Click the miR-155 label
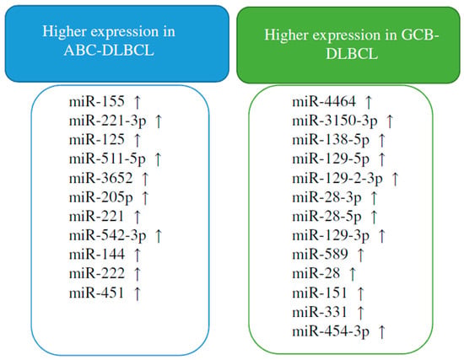(x=97, y=101)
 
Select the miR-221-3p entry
(x=107, y=121)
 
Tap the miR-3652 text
(x=100, y=178)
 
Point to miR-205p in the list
(x=100, y=197)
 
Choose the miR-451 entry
(x=97, y=293)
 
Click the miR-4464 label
(x=324, y=101)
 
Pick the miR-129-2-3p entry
(x=337, y=179)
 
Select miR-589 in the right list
(x=320, y=255)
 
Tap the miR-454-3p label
(x=331, y=331)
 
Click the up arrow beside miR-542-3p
(x=159, y=236)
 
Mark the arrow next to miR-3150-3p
(x=390, y=121)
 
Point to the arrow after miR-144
(x=137, y=255)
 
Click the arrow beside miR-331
(x=360, y=313)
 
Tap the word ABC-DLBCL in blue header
(x=109, y=51)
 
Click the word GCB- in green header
(x=419, y=35)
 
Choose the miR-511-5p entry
(x=107, y=159)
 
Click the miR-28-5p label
(x=326, y=217)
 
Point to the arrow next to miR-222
(x=137, y=274)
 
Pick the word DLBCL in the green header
(x=352, y=54)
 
